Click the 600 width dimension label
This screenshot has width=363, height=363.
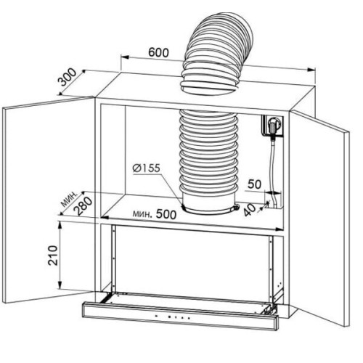point(158,52)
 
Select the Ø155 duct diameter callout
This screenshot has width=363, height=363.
point(147,168)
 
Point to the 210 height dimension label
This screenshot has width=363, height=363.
point(52,256)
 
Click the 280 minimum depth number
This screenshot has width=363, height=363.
point(84,206)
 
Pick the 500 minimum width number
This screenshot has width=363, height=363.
point(166,214)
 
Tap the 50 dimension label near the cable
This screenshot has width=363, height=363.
point(254,184)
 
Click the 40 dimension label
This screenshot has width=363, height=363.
point(250,210)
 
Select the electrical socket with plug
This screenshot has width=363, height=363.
point(273,126)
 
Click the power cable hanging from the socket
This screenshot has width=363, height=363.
point(273,169)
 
